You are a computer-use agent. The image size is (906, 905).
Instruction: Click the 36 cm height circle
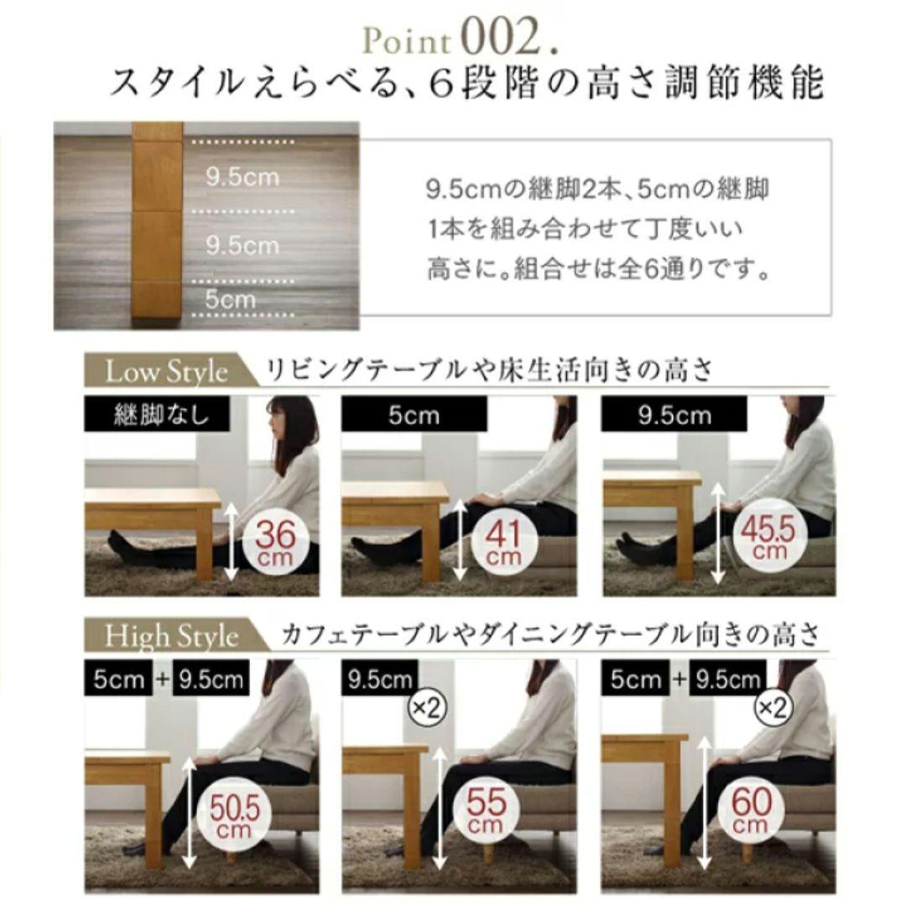click(x=276, y=541)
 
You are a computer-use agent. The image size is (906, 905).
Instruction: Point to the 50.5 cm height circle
click(x=230, y=811)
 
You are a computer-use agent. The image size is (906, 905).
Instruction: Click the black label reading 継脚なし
click(x=161, y=414)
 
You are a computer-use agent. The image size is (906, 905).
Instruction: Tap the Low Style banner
click(x=166, y=372)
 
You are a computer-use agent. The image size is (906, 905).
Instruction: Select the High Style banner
click(x=172, y=636)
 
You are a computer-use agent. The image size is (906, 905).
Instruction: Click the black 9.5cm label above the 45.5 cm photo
click(x=674, y=416)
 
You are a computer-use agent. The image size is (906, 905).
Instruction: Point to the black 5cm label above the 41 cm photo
click(x=414, y=416)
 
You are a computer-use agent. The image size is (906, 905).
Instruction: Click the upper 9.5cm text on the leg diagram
click(x=242, y=178)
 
